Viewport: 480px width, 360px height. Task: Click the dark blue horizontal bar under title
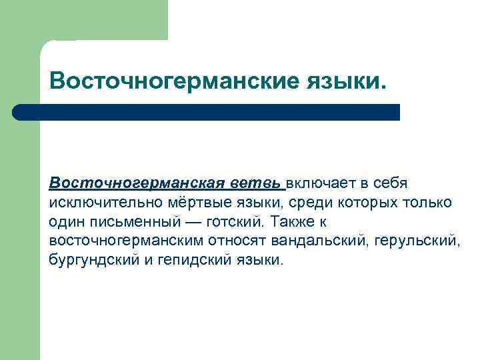207,112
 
